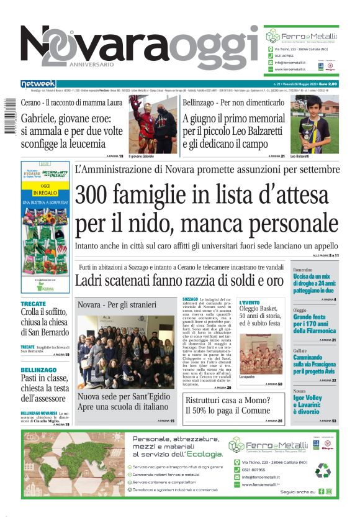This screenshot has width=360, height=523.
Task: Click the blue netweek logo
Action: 38,83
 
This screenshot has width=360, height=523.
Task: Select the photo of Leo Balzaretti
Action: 314,124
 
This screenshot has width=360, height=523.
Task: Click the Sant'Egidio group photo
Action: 125,352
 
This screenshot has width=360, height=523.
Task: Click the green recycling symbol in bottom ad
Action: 323,470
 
